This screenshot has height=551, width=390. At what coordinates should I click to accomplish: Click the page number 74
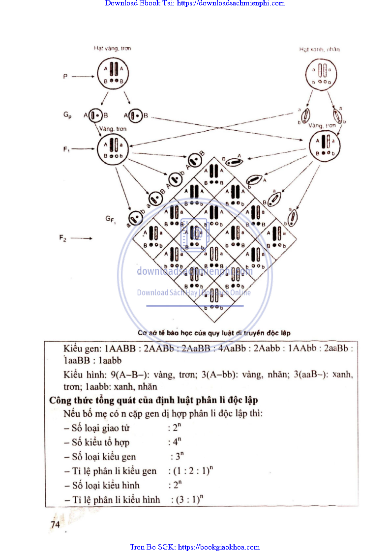[x=55, y=524]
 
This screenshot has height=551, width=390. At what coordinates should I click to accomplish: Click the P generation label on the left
[x=65, y=77]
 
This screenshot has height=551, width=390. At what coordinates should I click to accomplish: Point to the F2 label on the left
[x=62, y=238]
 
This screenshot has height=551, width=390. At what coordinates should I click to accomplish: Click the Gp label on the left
[x=67, y=116]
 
